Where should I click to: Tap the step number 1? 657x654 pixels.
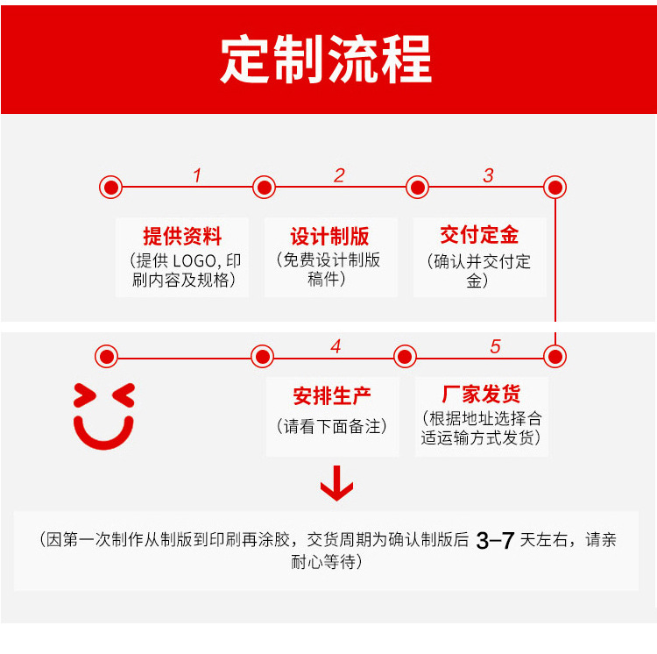click(x=197, y=175)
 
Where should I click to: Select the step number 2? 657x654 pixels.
click(x=339, y=175)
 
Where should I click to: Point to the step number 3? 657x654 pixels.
click(x=489, y=175)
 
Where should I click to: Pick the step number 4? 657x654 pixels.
click(x=336, y=346)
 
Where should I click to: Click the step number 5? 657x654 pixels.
click(x=495, y=346)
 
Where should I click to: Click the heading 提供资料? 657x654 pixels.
click(x=182, y=236)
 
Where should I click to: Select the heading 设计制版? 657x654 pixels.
click(x=329, y=236)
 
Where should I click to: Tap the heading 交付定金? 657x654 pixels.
click(x=479, y=235)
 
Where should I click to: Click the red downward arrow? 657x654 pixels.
click(x=336, y=483)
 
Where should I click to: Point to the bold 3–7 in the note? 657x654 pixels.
click(x=495, y=541)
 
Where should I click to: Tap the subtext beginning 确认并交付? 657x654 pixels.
click(x=480, y=261)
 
